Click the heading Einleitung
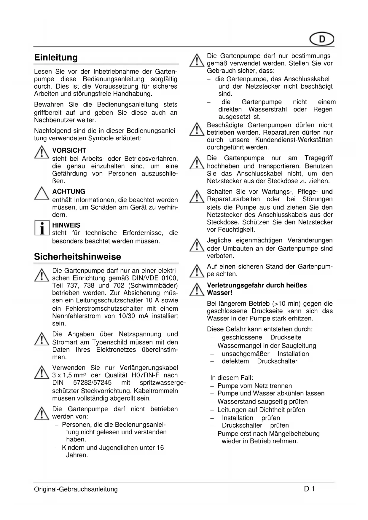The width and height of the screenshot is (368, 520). coord(56,58)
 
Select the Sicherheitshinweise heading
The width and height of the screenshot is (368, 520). coord(77,257)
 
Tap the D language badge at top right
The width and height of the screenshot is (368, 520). coord(322,39)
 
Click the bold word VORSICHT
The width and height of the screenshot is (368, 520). coord(69,151)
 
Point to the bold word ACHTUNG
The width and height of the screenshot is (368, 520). coord(68,192)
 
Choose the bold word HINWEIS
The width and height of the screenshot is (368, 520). coord(66,225)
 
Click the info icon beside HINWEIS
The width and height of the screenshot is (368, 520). coord(42,228)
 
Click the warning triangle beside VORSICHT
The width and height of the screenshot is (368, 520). coord(42,153)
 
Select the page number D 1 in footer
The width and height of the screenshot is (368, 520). coord(309,489)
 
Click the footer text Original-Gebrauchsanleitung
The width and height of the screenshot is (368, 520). coord(76,489)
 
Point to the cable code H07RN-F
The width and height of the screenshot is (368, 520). coord(145,375)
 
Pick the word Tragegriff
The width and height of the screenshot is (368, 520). coord(318,158)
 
